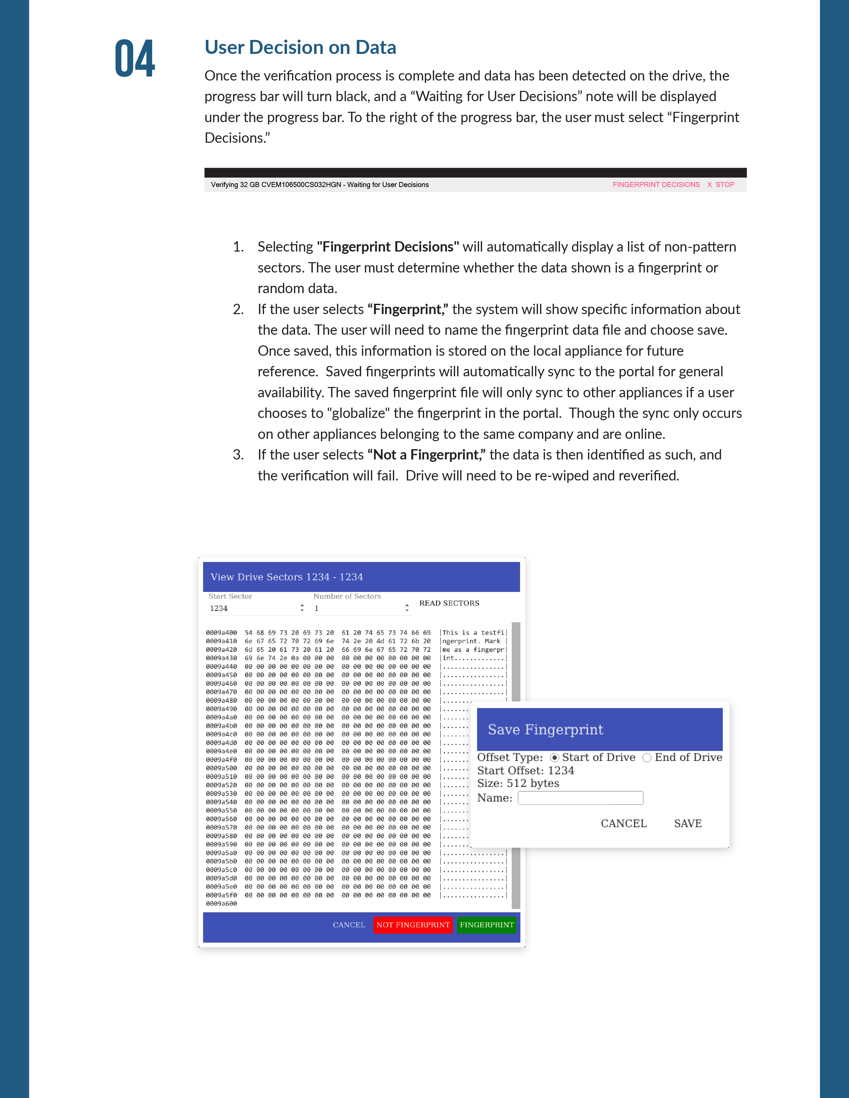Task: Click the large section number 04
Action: click(135, 59)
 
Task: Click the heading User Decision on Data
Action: click(300, 47)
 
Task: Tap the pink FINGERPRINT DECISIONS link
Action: click(656, 185)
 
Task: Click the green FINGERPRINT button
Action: click(486, 925)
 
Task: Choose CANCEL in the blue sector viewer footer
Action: click(349, 925)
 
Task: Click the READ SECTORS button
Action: click(449, 603)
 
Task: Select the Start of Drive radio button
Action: click(554, 758)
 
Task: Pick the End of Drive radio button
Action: click(647, 758)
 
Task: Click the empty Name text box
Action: click(580, 798)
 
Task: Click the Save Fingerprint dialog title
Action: click(545, 729)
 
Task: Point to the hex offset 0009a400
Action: click(221, 633)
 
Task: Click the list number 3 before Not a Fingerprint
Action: click(238, 455)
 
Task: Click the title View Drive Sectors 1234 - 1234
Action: click(287, 577)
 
